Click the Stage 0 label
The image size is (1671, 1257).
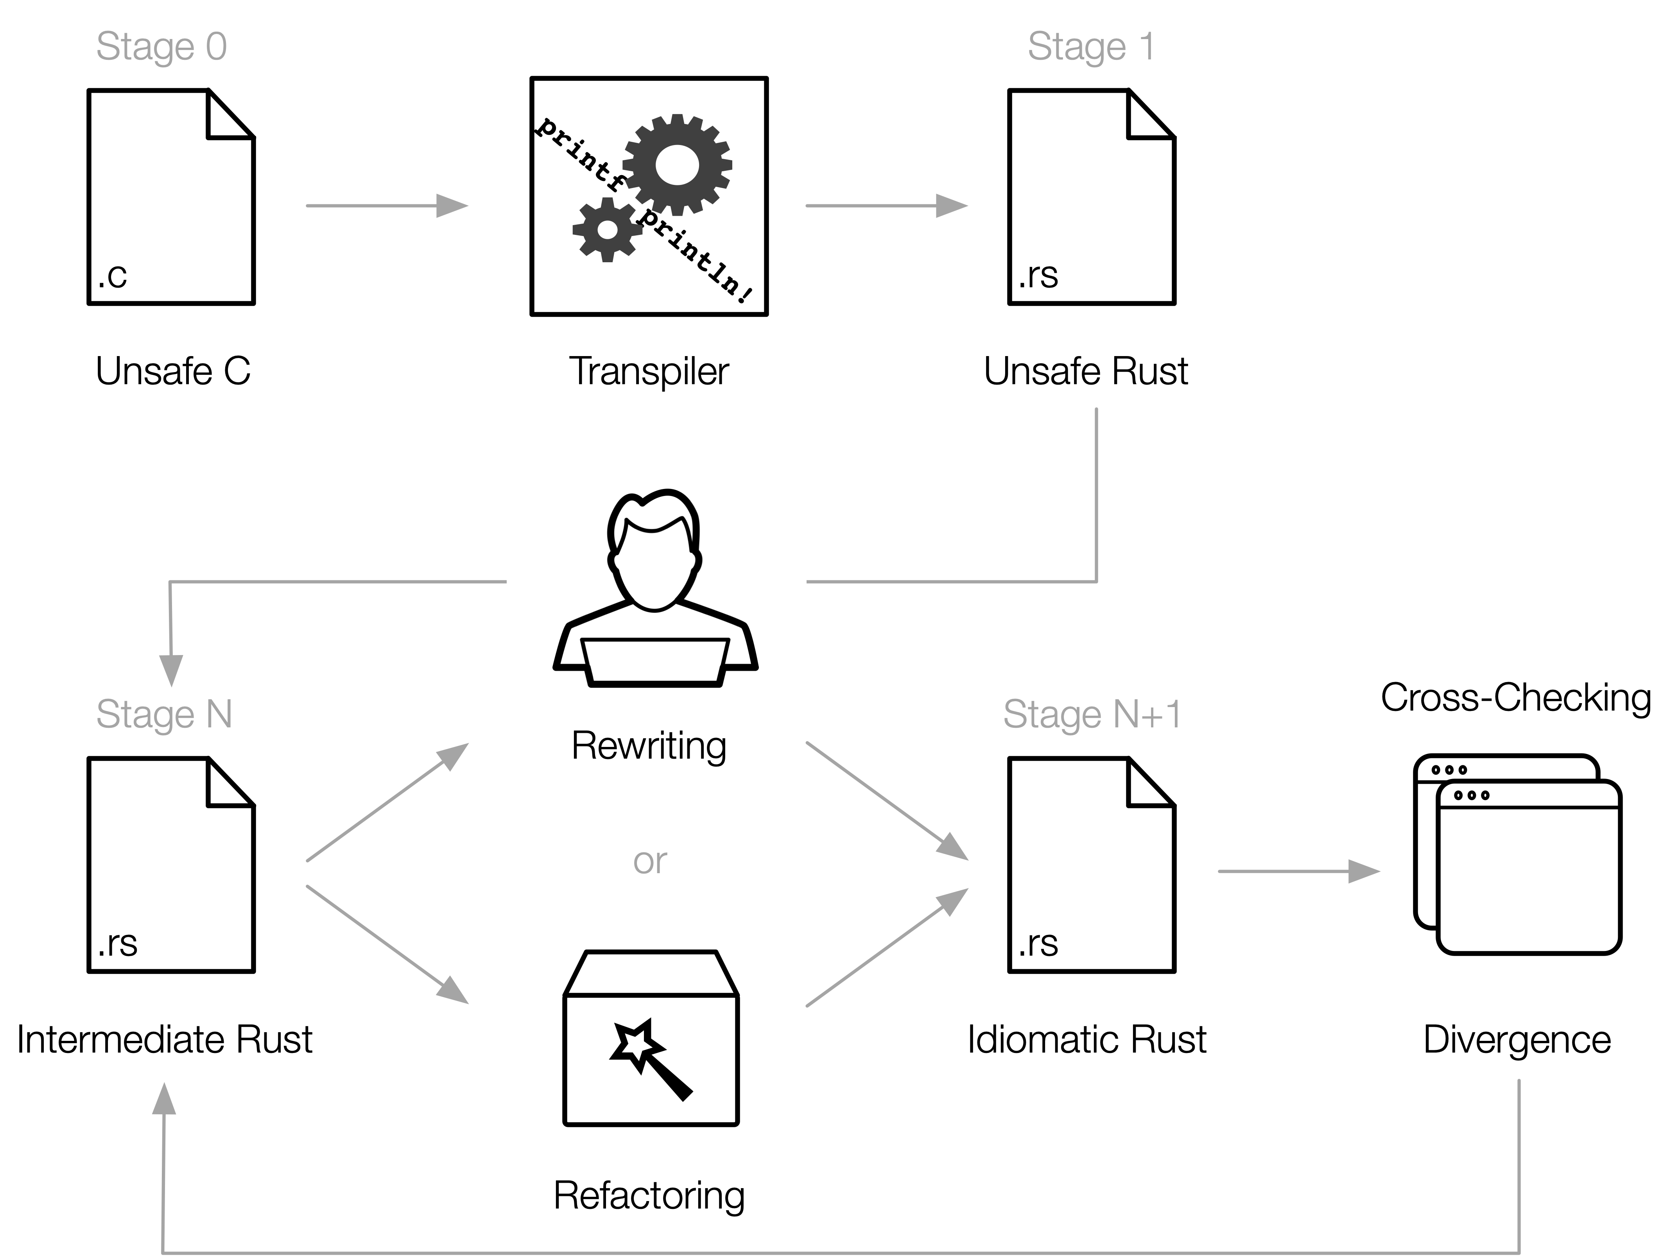pos(161,47)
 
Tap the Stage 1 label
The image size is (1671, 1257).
pos(1091,47)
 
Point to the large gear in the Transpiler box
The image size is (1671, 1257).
pos(677,165)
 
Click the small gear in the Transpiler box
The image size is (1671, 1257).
pos(607,229)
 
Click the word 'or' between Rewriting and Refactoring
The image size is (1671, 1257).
pos(650,861)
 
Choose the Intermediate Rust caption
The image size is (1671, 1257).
pos(165,1039)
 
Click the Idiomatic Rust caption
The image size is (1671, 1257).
pos(1086,1039)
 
